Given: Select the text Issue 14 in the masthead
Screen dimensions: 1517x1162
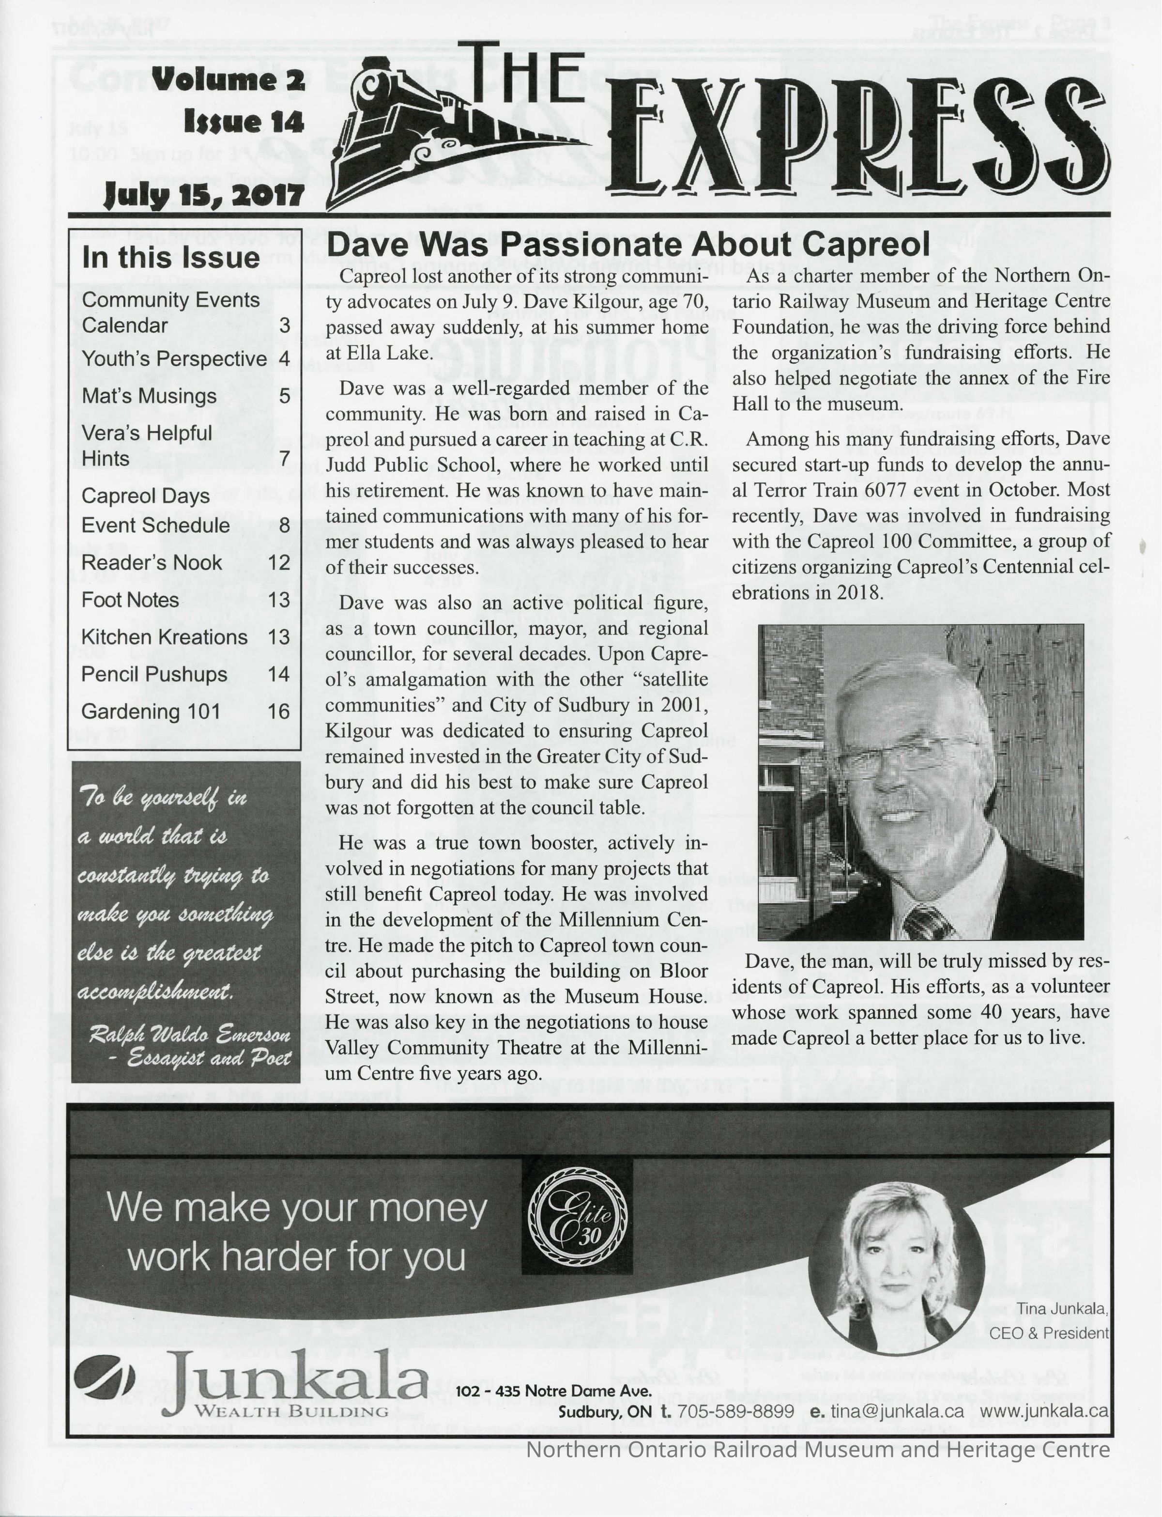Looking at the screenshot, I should (x=244, y=123).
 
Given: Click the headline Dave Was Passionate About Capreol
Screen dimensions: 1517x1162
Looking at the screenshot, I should (x=627, y=245).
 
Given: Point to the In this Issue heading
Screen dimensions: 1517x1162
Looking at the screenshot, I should (x=170, y=258).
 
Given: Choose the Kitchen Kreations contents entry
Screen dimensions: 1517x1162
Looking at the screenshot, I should (x=164, y=637).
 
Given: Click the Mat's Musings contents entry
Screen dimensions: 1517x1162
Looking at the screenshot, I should (x=149, y=396).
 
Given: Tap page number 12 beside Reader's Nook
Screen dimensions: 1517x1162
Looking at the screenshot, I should (x=279, y=562).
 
